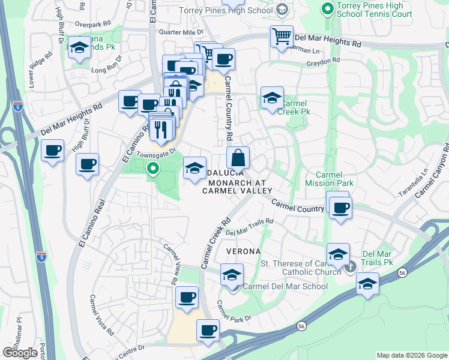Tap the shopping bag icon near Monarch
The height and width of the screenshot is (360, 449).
coord(238,158)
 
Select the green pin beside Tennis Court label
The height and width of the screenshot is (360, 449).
coord(327,9)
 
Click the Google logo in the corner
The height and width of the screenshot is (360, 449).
coord(20,353)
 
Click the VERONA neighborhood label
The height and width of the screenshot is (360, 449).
coord(243,250)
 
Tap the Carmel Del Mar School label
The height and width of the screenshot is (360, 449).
coord(285,286)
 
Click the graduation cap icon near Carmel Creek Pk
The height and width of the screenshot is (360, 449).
coord(272,98)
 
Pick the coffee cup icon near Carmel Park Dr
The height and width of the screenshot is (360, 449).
coord(208,330)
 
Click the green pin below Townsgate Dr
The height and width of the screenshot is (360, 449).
coord(152,169)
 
